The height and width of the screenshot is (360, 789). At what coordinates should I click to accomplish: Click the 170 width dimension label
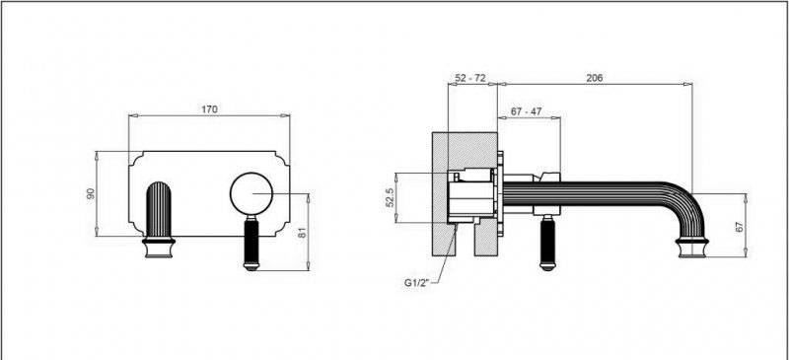click(209, 109)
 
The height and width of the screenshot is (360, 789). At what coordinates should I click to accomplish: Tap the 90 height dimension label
click(91, 193)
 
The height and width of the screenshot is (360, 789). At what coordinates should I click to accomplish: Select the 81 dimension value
click(302, 233)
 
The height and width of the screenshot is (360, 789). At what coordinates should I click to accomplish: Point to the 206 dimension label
click(595, 78)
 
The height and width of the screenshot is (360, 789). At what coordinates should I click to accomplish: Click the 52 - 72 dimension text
click(470, 78)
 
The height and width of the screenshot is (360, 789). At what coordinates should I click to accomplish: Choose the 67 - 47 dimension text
click(526, 111)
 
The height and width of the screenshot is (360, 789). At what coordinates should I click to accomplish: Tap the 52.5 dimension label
click(390, 198)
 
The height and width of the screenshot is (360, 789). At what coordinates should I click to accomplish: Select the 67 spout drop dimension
click(739, 226)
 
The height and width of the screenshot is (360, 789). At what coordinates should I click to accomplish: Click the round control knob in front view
click(251, 193)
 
